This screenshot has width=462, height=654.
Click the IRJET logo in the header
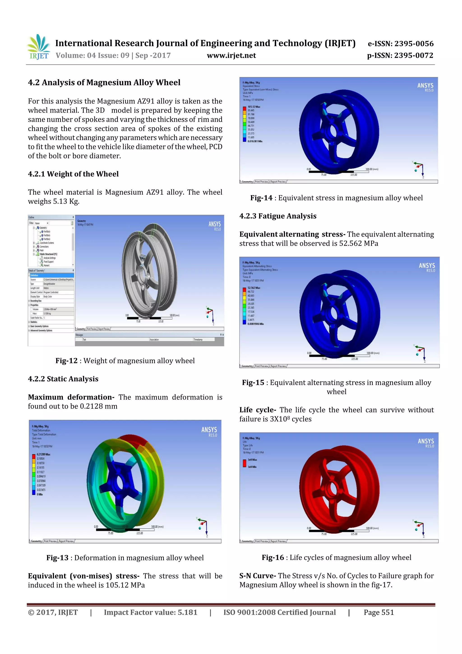pos(38,47)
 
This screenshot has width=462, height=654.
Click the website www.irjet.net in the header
pos(231,56)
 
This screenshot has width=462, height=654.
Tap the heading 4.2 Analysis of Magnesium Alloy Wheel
pos(104,83)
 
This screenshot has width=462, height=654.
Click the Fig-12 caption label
pos(66,361)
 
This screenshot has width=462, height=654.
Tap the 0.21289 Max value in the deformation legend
pos(43,454)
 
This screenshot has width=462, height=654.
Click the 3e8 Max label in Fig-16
pos(252,460)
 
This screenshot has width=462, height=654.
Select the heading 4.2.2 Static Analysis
pos(63,379)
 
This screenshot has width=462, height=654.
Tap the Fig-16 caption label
pos(273,557)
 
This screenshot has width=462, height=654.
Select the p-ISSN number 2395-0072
pos(413,56)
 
